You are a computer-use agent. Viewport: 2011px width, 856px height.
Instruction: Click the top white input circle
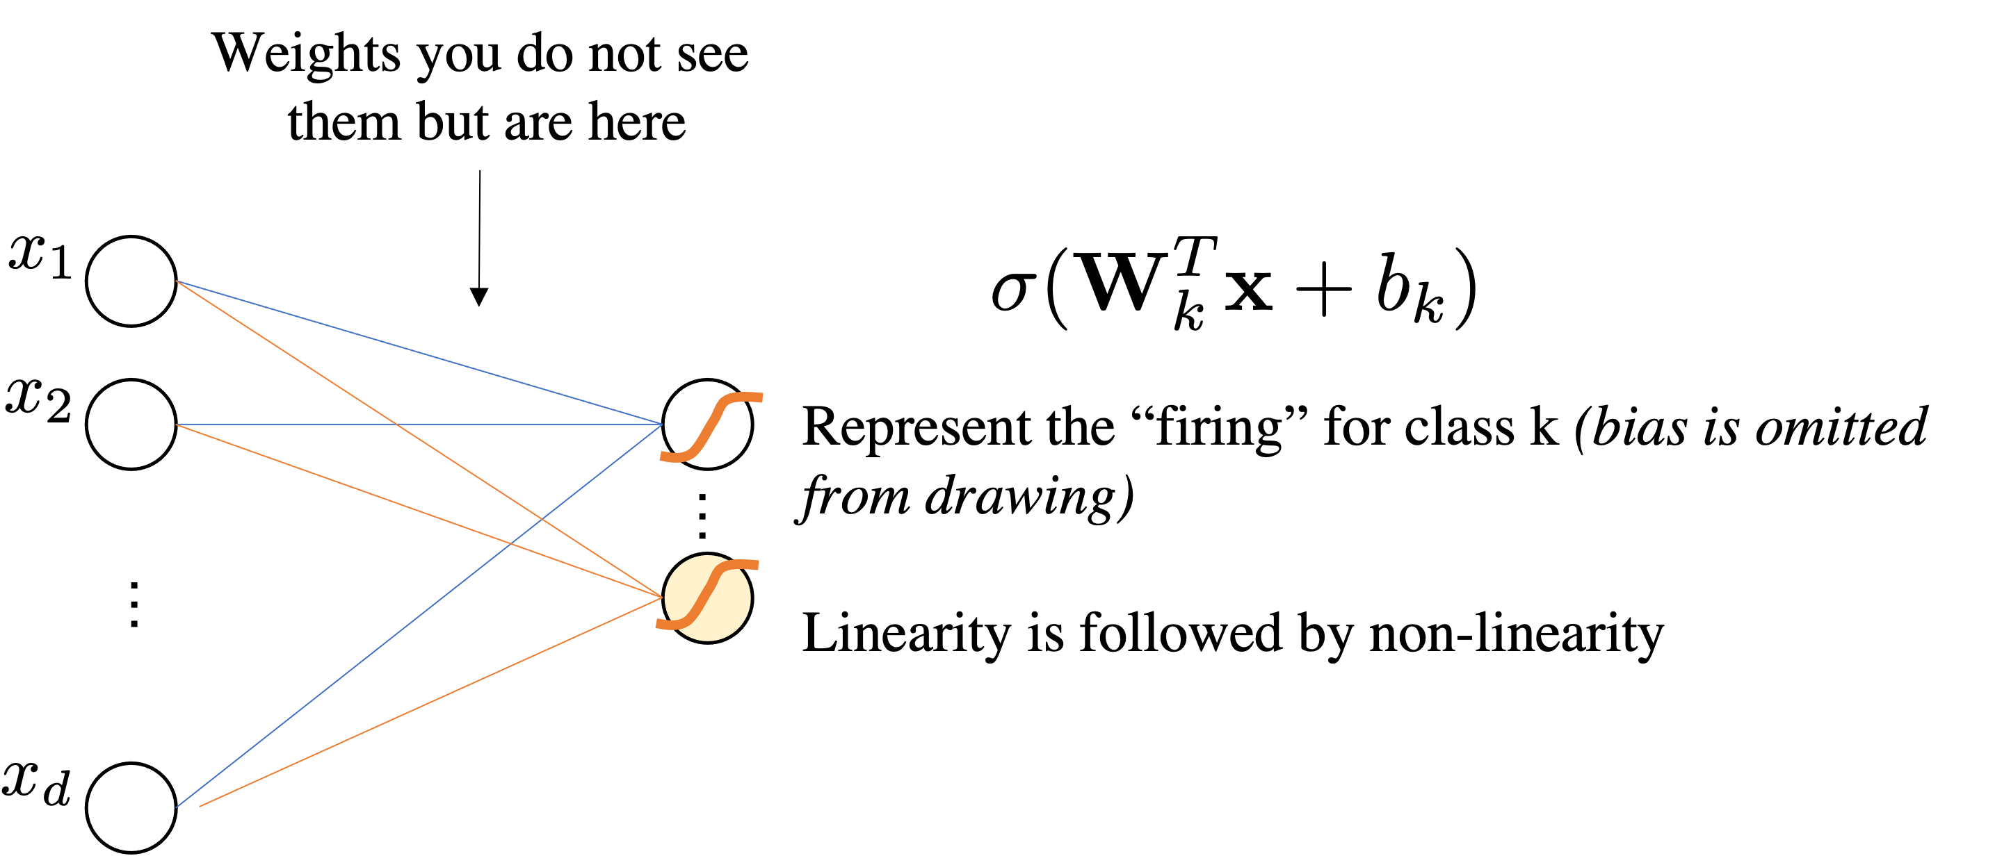point(131,281)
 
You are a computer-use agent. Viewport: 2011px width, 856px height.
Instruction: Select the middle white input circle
point(131,425)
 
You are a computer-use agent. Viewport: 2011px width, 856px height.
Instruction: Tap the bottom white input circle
point(131,807)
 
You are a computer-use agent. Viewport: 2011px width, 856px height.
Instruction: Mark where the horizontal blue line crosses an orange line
point(396,425)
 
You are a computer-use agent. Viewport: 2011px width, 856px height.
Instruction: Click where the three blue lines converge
point(662,425)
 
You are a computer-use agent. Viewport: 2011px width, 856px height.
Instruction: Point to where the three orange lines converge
point(662,598)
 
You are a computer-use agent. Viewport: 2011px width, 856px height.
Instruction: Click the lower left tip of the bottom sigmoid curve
point(658,624)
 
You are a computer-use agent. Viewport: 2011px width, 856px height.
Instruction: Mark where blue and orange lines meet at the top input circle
point(177,281)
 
